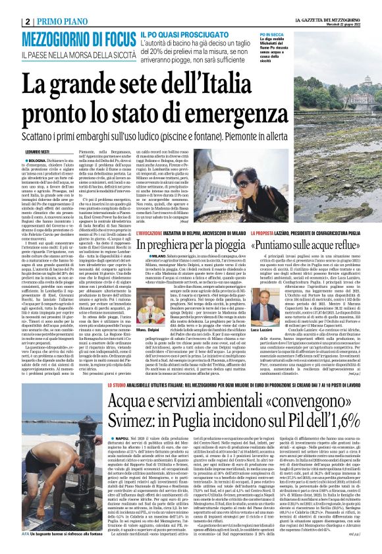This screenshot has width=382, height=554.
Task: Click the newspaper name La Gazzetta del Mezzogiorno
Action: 325,5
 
